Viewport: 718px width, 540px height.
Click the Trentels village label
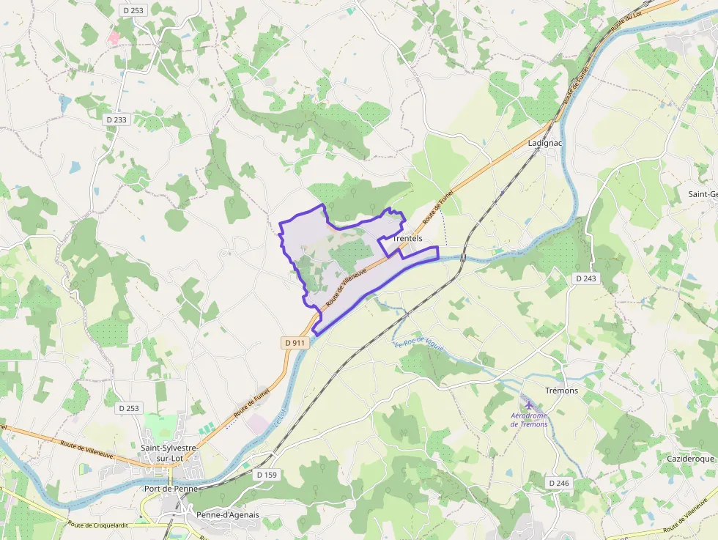point(407,239)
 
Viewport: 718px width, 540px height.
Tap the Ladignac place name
point(544,143)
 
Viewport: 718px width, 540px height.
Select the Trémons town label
point(562,391)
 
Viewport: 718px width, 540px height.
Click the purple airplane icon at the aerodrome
point(529,404)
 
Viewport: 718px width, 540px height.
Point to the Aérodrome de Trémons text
point(529,420)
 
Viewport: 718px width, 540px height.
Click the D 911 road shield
point(294,343)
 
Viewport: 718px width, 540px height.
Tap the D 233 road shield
point(116,119)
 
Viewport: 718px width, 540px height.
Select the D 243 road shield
point(586,278)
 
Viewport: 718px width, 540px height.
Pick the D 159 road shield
point(267,475)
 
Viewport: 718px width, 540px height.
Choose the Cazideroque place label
point(690,459)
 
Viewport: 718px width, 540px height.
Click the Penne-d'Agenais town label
point(227,514)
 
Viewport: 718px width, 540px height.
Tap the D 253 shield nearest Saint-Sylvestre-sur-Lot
point(128,408)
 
